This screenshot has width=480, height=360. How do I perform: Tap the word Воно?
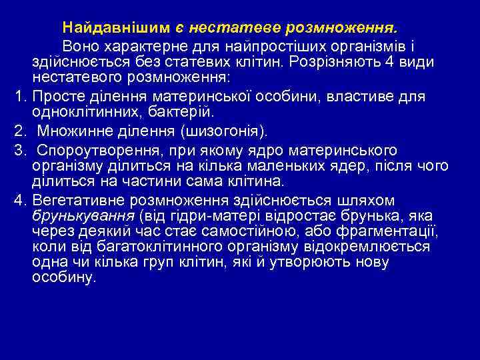pyautogui.click(x=80, y=45)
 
